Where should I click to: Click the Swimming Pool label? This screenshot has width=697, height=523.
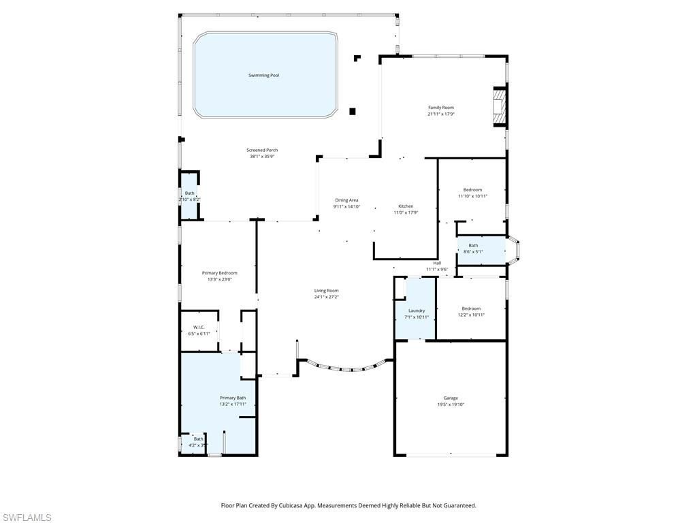pyautogui.click(x=263, y=76)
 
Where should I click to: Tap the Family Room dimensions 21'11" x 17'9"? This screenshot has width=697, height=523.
pyautogui.click(x=440, y=114)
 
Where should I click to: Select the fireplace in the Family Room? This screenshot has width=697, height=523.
pyautogui.click(x=500, y=107)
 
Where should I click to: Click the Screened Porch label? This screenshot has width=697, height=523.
pyautogui.click(x=262, y=150)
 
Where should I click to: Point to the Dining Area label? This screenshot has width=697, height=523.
pyautogui.click(x=346, y=200)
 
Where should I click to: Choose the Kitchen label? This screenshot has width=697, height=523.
pyautogui.click(x=406, y=206)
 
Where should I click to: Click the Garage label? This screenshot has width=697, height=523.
pyautogui.click(x=451, y=398)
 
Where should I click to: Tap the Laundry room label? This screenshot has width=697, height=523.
pyautogui.click(x=417, y=311)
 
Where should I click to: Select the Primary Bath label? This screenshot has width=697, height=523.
pyautogui.click(x=233, y=398)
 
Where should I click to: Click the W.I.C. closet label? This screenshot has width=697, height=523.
pyautogui.click(x=199, y=327)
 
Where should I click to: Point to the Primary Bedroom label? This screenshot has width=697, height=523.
pyautogui.click(x=219, y=273)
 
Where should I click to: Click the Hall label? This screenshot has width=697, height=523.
pyautogui.click(x=437, y=263)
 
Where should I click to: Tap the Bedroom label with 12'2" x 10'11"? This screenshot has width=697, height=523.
pyautogui.click(x=471, y=308)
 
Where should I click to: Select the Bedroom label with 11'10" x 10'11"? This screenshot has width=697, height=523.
pyautogui.click(x=472, y=190)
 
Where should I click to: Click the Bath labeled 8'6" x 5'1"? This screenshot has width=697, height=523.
pyautogui.click(x=473, y=245)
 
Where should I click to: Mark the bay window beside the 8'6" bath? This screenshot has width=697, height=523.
pyautogui.click(x=514, y=250)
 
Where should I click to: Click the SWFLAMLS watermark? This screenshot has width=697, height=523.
pyautogui.click(x=26, y=518)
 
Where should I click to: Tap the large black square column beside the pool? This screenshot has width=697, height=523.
pyautogui.click(x=352, y=112)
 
